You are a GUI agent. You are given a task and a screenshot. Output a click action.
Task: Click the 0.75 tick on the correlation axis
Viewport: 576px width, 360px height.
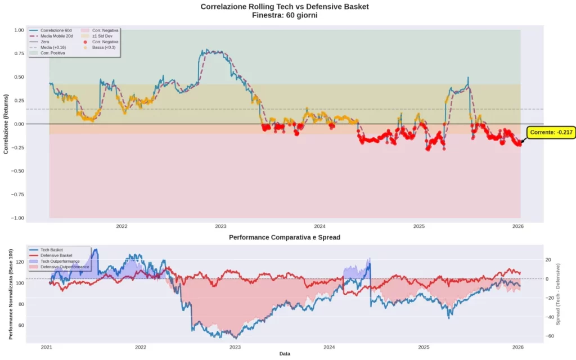[18, 53]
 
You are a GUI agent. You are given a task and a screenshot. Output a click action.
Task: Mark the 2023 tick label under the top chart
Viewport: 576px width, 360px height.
[220, 226]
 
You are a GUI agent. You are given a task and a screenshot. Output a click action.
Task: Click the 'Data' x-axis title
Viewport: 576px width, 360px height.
[284, 354]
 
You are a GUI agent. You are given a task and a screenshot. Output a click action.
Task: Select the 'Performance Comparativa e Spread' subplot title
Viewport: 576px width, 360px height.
[284, 237]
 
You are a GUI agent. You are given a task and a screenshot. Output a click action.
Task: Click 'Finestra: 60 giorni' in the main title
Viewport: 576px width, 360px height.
[285, 15]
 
